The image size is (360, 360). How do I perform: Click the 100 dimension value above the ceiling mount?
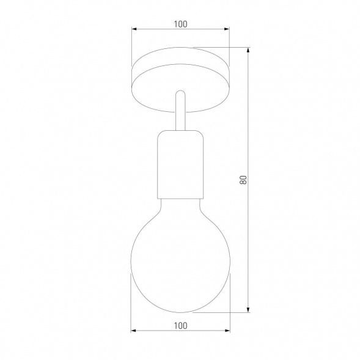coord(180,24)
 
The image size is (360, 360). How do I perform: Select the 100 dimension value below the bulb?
coord(180,325)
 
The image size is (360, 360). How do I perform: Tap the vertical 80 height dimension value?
coord(243,180)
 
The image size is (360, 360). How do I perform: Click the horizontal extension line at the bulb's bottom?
coord(220,313)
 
